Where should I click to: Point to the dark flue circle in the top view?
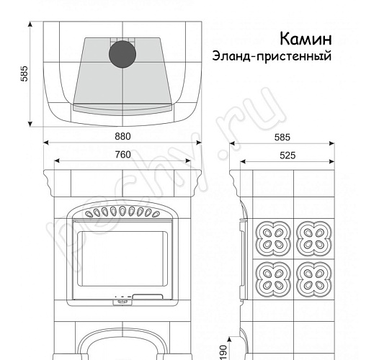pyautogui.click(x=122, y=54)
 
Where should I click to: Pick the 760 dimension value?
pyautogui.click(x=123, y=155)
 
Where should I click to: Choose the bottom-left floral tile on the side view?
pyautogui.click(x=274, y=279)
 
